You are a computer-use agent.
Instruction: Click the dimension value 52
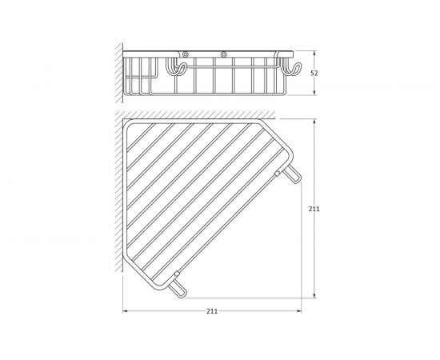[314, 74]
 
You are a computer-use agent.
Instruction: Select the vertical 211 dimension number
[314, 209]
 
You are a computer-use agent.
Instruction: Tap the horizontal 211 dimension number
[212, 311]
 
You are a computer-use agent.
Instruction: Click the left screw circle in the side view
[185, 54]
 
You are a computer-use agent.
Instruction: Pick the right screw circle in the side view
[224, 54]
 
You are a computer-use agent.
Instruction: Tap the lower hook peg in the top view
[178, 289]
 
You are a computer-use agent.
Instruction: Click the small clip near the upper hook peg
[277, 174]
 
